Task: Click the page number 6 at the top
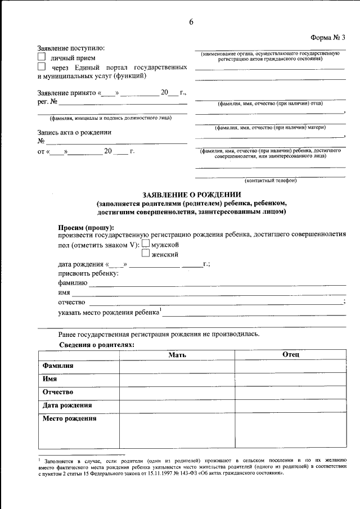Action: (191, 21)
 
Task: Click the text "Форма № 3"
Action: (328, 37)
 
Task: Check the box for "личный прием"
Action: (41, 57)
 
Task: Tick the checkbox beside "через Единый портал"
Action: (41, 67)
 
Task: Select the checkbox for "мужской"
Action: (146, 244)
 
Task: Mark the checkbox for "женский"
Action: (146, 254)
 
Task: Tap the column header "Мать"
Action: (177, 354)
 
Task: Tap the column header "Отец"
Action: (290, 354)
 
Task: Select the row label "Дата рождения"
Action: (67, 405)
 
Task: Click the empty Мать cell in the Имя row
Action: (177, 380)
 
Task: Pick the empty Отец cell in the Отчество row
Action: (290, 393)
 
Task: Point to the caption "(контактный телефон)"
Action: (270, 181)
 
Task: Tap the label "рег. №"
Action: (48, 102)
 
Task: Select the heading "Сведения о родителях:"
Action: (97, 344)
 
